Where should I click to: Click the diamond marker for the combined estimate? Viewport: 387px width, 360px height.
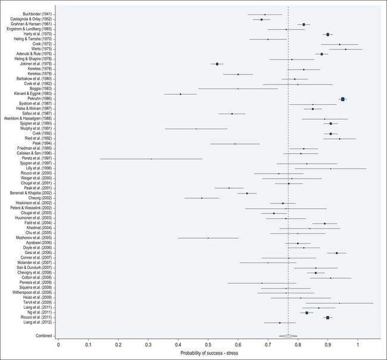click(288, 336)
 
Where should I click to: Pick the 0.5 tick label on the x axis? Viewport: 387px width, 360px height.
click(208, 344)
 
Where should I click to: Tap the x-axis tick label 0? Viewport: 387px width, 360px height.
click(58, 344)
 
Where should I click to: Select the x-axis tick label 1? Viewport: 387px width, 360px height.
click(358, 344)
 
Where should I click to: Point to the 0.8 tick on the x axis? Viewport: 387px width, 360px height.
click(298, 344)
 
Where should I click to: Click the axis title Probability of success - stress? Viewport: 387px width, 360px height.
click(208, 354)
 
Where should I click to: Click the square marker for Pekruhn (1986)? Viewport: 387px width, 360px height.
click(343, 99)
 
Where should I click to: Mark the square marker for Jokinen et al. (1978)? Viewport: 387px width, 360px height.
click(217, 64)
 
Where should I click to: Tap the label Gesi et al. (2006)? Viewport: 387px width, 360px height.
click(39, 253)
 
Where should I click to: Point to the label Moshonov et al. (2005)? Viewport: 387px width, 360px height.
click(35, 238)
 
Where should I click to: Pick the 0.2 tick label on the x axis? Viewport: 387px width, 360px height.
click(118, 344)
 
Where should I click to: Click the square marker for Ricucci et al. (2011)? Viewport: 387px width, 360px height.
click(327, 318)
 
